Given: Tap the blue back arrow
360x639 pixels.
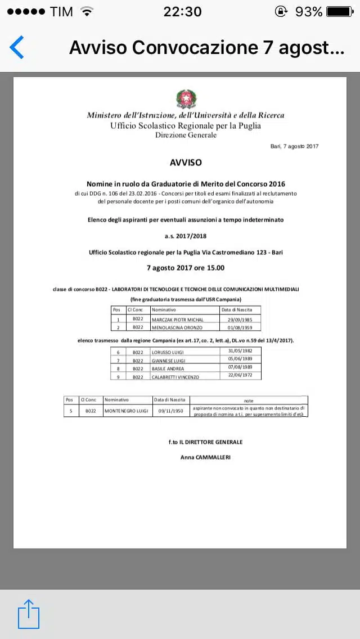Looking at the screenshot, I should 17,47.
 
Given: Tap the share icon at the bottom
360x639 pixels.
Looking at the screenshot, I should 29,614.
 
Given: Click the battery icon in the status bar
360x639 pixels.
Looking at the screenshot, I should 340,11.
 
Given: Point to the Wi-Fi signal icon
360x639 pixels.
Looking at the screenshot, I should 87,11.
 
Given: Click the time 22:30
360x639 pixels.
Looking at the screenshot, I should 182,11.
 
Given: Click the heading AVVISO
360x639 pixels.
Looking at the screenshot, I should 186,163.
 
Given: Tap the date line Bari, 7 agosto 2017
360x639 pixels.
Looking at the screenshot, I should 294,146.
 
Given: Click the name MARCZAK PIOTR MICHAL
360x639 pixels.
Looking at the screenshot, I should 178,319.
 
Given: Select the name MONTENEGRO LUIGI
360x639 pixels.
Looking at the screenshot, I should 127,411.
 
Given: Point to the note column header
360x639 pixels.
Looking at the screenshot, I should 249,400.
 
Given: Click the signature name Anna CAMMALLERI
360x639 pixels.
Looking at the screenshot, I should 205,457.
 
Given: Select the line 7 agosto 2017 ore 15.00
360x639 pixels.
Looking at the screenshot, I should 186,268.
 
